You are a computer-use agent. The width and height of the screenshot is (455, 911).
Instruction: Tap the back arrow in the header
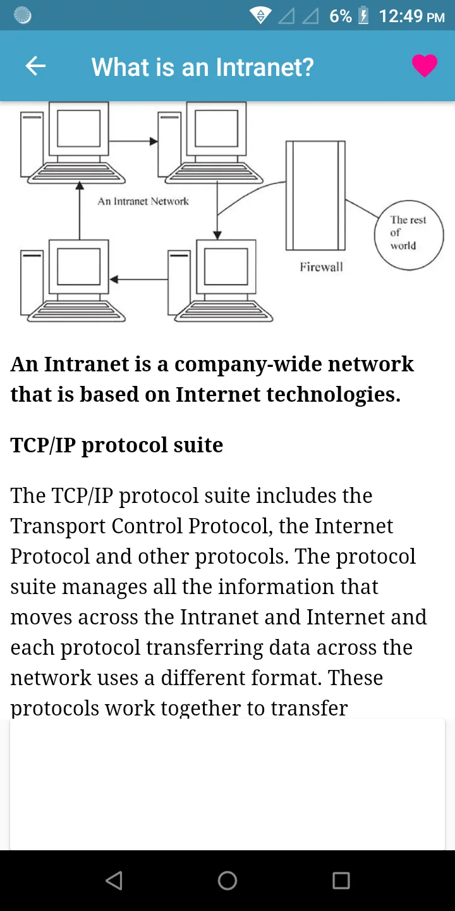[x=35, y=66]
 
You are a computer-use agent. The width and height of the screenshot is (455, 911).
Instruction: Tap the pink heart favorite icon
[x=425, y=66]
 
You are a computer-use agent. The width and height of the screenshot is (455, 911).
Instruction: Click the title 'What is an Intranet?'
[x=203, y=67]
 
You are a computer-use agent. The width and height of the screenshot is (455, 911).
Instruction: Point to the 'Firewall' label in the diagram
[x=321, y=267]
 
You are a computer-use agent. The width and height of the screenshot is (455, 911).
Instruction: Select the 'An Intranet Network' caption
[x=143, y=201]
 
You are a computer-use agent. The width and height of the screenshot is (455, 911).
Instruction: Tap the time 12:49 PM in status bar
[x=411, y=16]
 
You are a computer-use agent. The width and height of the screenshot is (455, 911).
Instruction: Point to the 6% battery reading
[x=341, y=16]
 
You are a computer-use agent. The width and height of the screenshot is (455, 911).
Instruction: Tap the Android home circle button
[x=227, y=881]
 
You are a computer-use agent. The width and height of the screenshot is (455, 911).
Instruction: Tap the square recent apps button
[x=341, y=881]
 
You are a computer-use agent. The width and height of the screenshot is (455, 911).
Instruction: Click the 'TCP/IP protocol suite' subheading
[x=117, y=445]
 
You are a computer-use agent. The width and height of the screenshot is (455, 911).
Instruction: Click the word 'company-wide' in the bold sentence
[x=248, y=364]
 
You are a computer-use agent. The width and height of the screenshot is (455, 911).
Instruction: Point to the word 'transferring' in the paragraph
[x=205, y=648]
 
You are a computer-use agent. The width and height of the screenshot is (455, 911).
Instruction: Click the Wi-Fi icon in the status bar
[x=260, y=16]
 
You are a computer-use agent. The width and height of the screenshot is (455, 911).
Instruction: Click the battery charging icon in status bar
[x=363, y=15]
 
